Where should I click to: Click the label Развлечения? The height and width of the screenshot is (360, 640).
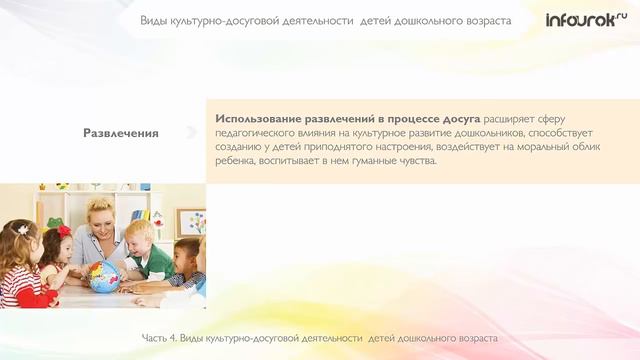[120, 133]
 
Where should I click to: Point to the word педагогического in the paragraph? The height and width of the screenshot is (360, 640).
[261, 132]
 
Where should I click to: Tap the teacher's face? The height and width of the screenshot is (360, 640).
[104, 219]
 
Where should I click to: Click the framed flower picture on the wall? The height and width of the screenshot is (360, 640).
[191, 221]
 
